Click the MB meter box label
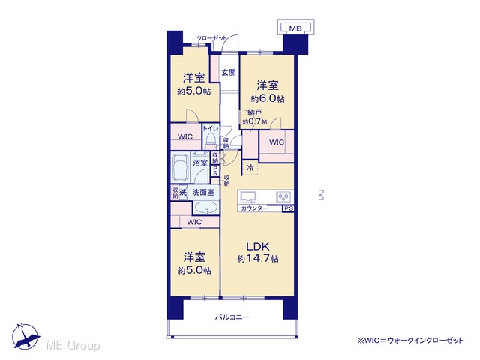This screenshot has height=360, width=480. [x=295, y=28]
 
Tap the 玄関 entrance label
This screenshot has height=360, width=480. [x=229, y=73]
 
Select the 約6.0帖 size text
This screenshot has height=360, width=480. [x=268, y=98]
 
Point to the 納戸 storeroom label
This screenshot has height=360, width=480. [x=255, y=112]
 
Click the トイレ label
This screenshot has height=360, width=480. [x=211, y=129]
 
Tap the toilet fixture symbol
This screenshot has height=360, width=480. [x=211, y=140]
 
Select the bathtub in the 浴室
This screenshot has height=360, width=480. [x=181, y=168]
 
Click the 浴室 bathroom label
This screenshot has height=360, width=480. [x=200, y=163]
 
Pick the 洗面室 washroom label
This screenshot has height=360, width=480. [x=203, y=193]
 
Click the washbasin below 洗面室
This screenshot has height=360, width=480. [x=206, y=208]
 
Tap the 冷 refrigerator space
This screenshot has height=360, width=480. [x=250, y=168]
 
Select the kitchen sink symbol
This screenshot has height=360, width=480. [x=248, y=197]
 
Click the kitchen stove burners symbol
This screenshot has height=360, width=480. [x=283, y=197]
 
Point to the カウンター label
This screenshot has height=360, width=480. [x=254, y=208]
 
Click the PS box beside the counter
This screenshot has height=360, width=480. [x=288, y=208]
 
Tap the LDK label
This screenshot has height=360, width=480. [x=258, y=247]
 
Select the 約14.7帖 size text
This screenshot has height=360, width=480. [x=258, y=259]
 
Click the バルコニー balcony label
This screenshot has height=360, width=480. [x=232, y=316]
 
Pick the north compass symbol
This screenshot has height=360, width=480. [x=25, y=336]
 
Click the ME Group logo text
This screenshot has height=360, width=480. [x=73, y=345]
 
